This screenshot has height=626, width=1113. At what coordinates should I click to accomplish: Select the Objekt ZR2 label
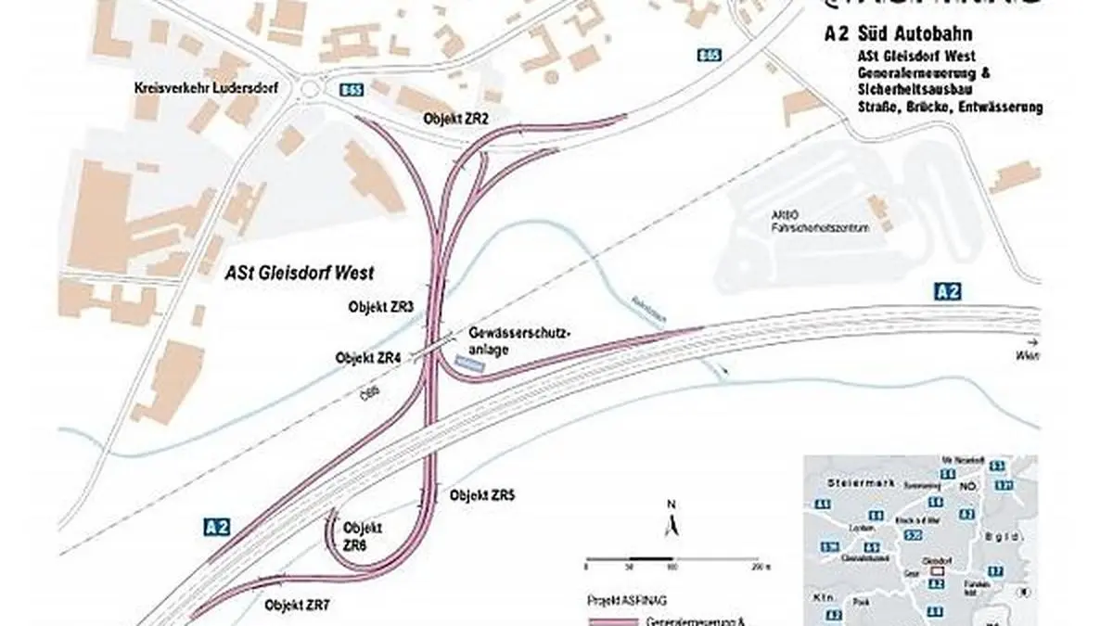455,119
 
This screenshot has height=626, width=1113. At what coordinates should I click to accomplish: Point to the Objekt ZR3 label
381,305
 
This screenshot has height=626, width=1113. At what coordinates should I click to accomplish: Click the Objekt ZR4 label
368,356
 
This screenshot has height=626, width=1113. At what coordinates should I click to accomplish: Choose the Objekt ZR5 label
482,495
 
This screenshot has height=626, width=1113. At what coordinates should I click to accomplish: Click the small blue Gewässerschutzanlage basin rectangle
471,364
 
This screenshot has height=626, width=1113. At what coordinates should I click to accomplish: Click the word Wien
1027,353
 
